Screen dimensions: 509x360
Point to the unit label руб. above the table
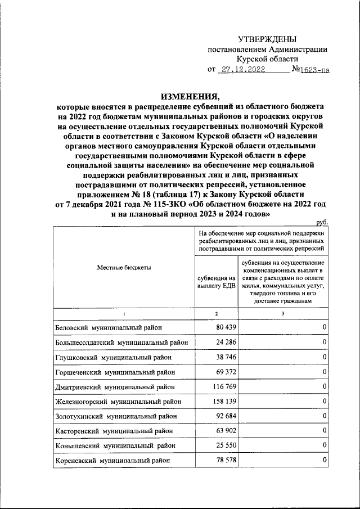point(322,223)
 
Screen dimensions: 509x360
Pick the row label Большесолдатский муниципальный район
point(121,343)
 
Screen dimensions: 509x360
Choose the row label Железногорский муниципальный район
point(119,402)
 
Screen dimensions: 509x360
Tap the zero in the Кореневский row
point(325,461)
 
